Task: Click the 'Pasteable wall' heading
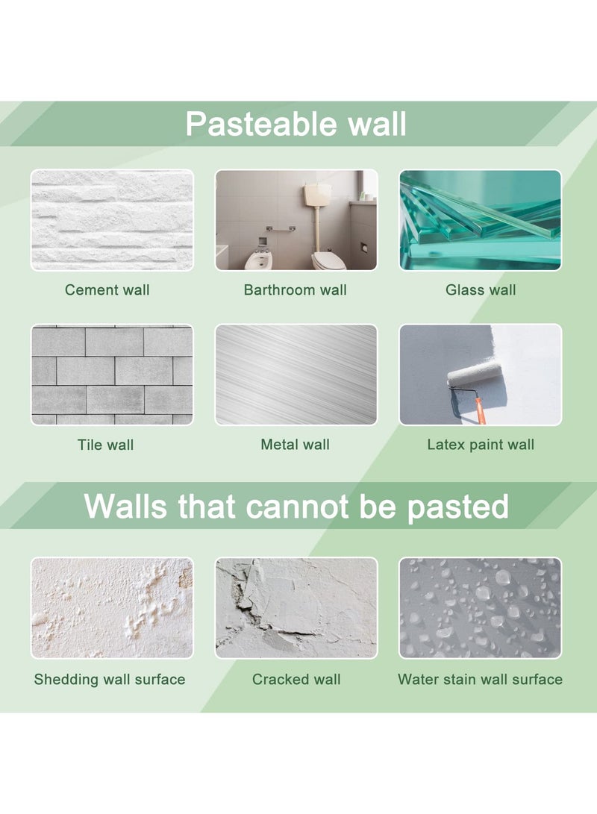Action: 296,123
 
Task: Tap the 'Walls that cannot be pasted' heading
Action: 296,506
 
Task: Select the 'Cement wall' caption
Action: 107,290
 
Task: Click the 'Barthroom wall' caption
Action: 296,290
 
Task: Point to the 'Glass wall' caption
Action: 481,290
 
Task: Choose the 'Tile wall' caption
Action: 105,445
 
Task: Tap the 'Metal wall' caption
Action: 296,445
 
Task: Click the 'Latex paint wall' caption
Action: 481,445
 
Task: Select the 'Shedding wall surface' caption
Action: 110,679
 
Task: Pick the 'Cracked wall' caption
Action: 296,679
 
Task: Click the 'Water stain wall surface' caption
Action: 480,679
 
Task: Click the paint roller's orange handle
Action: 479,409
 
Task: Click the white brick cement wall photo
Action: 112,220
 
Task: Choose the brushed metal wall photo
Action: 296,375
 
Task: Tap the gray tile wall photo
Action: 112,375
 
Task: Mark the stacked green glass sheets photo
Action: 480,220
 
